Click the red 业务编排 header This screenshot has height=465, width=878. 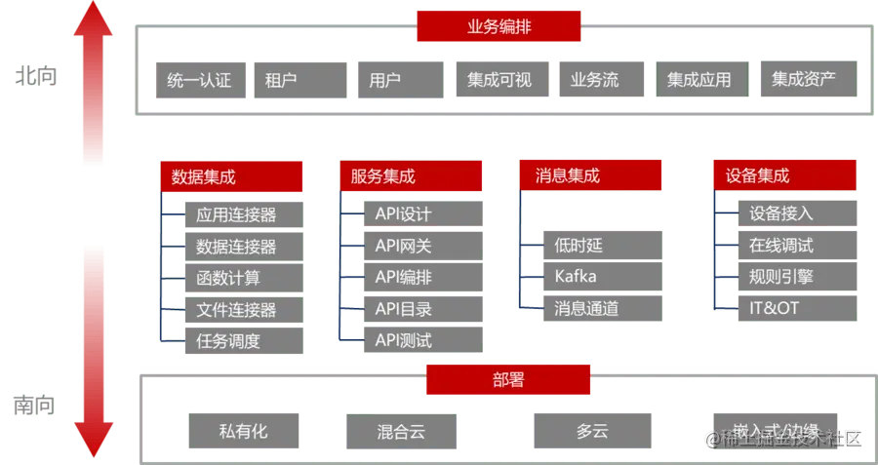(x=499, y=26)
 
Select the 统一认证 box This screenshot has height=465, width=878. (x=199, y=81)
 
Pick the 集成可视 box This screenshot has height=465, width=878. (x=499, y=81)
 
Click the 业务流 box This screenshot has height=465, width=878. (x=600, y=81)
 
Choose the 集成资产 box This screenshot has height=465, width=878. (x=804, y=81)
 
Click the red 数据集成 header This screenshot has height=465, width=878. (x=231, y=176)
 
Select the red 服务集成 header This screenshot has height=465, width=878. (x=410, y=176)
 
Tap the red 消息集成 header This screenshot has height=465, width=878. (x=590, y=176)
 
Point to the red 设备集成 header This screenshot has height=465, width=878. (x=784, y=176)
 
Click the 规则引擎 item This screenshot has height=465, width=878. (x=795, y=277)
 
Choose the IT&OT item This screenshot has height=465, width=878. (x=795, y=309)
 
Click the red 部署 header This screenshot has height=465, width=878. (x=507, y=380)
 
